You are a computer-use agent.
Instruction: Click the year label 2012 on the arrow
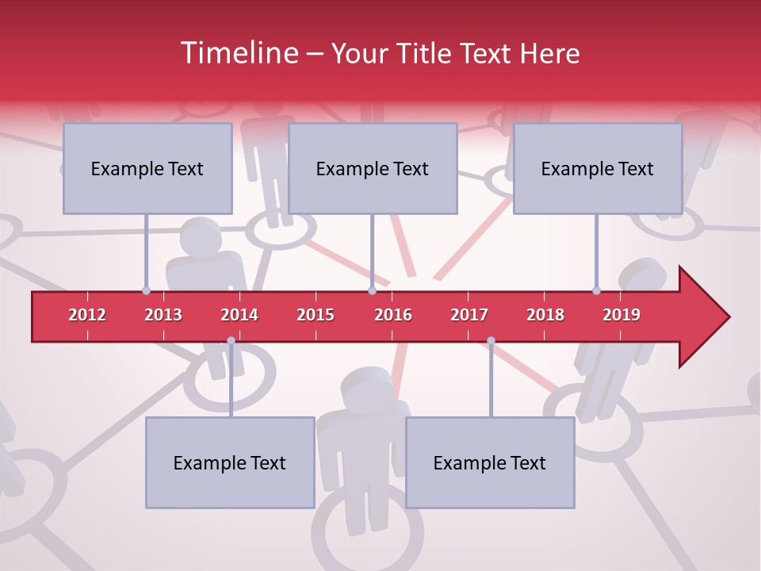tap(87, 315)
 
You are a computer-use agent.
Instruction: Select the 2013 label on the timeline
tap(163, 315)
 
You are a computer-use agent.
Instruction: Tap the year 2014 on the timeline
tap(239, 315)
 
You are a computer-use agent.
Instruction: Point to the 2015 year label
tap(315, 315)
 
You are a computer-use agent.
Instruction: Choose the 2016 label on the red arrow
tap(393, 315)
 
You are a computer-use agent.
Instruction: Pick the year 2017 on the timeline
tap(469, 315)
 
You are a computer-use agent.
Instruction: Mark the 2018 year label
tap(545, 315)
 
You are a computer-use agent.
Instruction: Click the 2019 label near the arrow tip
tap(621, 315)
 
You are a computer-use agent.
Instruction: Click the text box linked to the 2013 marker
tap(147, 169)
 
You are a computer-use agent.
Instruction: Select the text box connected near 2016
tap(373, 169)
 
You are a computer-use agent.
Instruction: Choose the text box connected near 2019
tap(598, 169)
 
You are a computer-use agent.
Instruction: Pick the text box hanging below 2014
tap(230, 463)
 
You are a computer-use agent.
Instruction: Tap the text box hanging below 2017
tap(490, 463)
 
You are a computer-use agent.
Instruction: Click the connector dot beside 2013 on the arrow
tap(146, 290)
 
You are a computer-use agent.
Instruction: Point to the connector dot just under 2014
tap(231, 341)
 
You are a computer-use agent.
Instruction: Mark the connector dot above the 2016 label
tap(372, 290)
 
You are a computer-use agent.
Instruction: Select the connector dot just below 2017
tap(491, 341)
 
